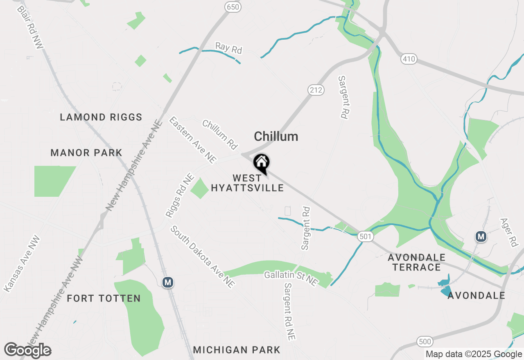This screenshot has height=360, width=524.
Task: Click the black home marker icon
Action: (x=261, y=163)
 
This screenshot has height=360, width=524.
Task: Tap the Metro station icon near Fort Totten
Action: (x=167, y=282)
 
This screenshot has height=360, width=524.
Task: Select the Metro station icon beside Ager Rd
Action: (x=481, y=236)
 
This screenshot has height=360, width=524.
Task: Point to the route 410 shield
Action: (x=409, y=59)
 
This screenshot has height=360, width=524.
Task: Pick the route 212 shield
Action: (x=316, y=90)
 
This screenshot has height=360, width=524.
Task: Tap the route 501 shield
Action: (x=365, y=236)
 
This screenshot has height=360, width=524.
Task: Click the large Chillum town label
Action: (x=276, y=136)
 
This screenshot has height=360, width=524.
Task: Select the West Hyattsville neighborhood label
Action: (x=247, y=183)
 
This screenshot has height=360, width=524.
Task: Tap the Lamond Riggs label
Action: (x=101, y=117)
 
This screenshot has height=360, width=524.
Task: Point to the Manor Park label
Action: (x=86, y=153)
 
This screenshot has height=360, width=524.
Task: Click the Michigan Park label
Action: (x=237, y=350)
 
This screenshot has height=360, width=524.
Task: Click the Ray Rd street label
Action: (x=229, y=48)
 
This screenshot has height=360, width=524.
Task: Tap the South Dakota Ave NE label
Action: (x=203, y=256)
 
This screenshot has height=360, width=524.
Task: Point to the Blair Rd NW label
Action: (x=30, y=28)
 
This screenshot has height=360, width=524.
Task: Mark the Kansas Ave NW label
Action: (x=22, y=263)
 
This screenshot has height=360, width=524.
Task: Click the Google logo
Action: (x=28, y=350)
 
